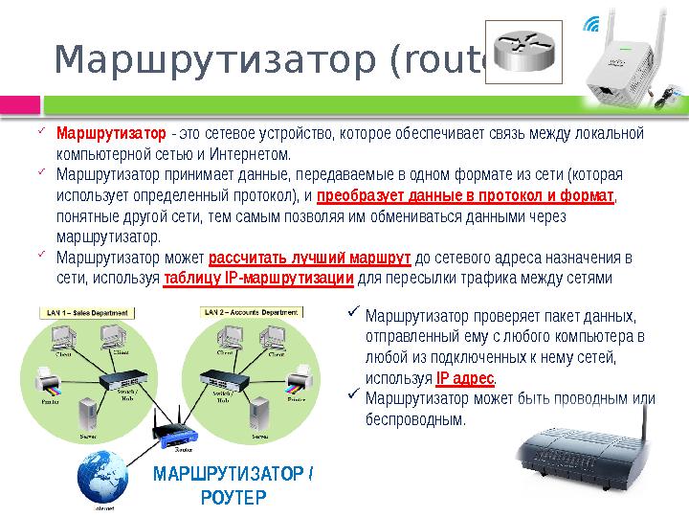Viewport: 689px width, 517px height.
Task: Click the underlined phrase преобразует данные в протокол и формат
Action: [465, 196]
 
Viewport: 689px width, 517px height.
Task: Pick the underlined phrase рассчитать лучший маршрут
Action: [310, 258]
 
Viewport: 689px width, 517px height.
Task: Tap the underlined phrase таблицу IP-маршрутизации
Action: [259, 279]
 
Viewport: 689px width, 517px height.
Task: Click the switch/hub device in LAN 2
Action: [223, 378]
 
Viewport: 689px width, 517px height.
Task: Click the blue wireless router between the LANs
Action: [177, 433]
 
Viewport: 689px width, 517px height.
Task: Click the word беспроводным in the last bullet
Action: [416, 419]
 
